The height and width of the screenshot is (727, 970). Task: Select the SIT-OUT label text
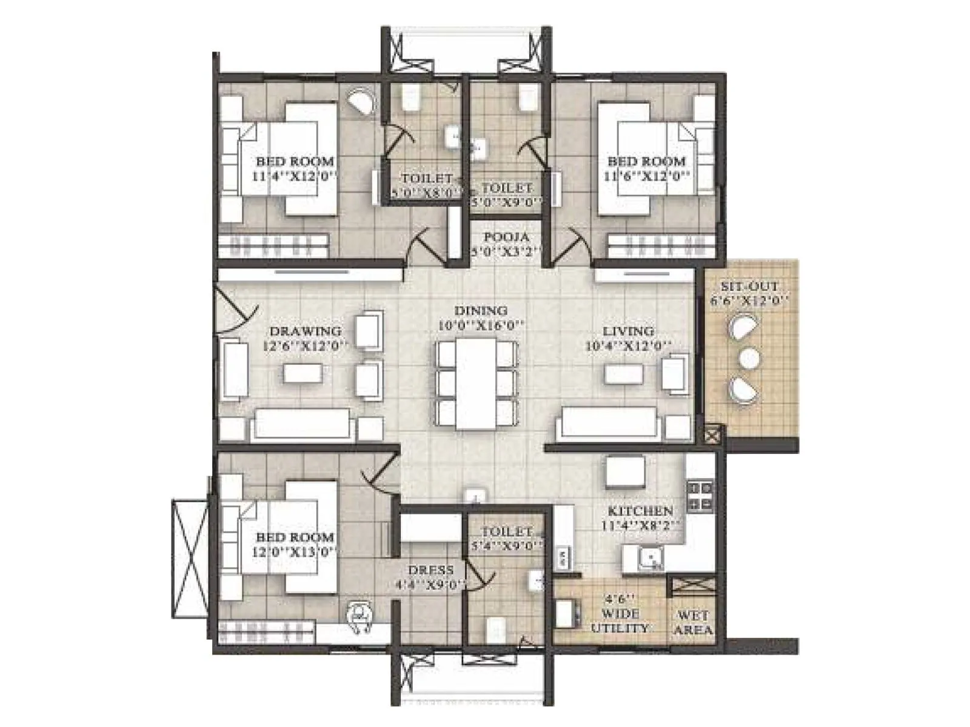click(749, 287)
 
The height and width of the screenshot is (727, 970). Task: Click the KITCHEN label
click(640, 511)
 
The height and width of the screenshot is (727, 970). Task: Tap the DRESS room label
click(430, 570)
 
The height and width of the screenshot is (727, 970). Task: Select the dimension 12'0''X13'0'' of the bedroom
click(294, 552)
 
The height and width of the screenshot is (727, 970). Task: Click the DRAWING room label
click(305, 331)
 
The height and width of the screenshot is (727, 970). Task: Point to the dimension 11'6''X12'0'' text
click(647, 176)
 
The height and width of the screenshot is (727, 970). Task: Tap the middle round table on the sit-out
click(748, 358)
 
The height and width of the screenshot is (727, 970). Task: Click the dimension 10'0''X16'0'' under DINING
click(481, 325)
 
